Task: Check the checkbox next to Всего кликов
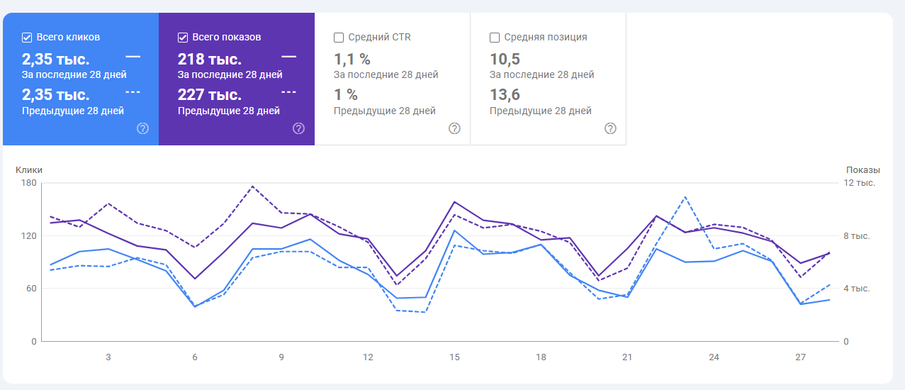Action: (27, 38)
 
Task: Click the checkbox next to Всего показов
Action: (183, 38)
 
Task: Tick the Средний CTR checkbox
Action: (339, 38)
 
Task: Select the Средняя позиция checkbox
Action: (495, 38)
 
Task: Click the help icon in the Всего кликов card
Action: (142, 128)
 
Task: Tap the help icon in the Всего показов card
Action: (298, 128)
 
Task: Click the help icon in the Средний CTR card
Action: (454, 128)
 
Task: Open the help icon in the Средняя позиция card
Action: (610, 128)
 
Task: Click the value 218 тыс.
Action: (210, 59)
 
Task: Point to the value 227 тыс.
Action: (210, 95)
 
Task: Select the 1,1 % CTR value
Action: (352, 59)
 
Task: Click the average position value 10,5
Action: (505, 59)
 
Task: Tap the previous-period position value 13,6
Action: (505, 95)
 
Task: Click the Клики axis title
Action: (29, 170)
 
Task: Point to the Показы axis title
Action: (862, 170)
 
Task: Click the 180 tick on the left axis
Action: (29, 183)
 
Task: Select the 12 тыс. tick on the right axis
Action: (860, 183)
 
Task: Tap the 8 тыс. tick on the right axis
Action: (860, 235)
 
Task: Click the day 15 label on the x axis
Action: (454, 357)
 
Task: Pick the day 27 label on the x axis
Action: (800, 357)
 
